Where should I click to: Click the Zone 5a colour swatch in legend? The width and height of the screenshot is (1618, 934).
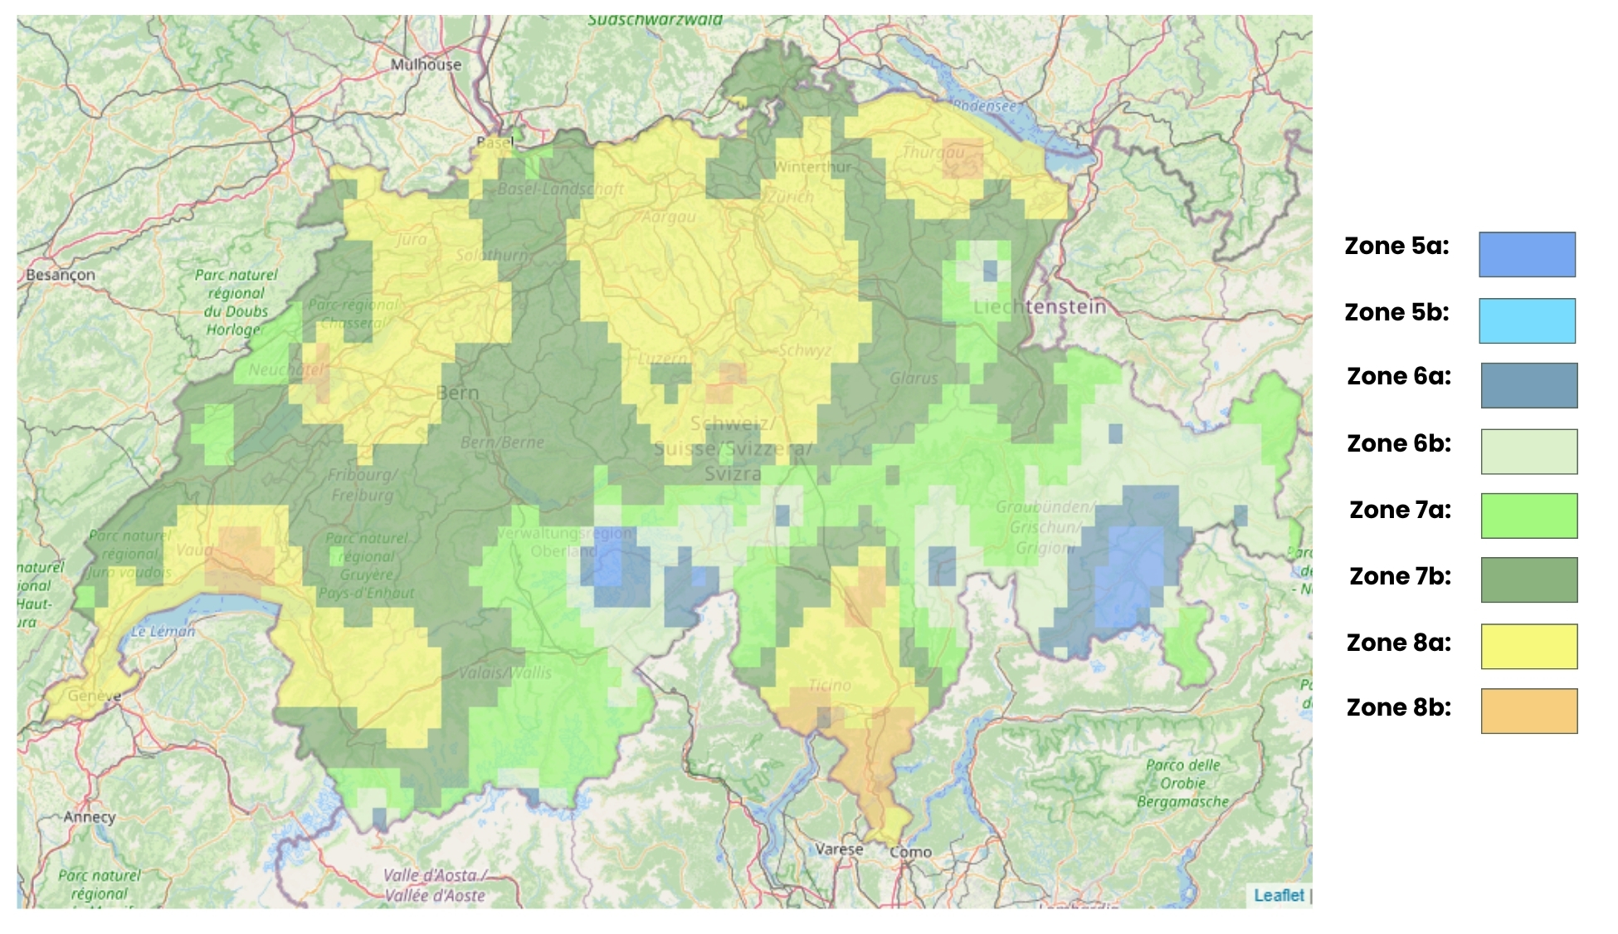tap(1527, 254)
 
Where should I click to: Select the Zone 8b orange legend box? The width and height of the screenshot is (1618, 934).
tap(1528, 711)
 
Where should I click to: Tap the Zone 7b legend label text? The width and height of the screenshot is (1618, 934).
tap(1400, 576)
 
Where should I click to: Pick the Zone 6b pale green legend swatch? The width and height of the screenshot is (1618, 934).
tap(1528, 452)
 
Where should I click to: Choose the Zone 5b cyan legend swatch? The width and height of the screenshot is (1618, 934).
tap(1527, 320)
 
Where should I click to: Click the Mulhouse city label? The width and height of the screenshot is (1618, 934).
tap(426, 64)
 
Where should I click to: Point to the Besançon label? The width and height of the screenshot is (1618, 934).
tap(60, 275)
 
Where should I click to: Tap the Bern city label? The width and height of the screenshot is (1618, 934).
tap(457, 393)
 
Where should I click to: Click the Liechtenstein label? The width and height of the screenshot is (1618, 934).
tap(1040, 306)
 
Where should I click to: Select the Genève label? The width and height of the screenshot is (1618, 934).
tap(94, 695)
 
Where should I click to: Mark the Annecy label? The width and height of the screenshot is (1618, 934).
tap(90, 817)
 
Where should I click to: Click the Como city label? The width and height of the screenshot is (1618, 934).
tap(910, 852)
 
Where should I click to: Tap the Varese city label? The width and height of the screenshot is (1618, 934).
tap(839, 849)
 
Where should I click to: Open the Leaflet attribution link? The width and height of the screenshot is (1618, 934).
tap(1279, 895)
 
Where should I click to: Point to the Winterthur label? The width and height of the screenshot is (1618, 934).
tap(812, 167)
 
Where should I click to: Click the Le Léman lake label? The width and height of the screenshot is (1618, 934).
tap(163, 631)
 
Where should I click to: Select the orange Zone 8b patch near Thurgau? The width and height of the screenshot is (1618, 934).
tap(963, 159)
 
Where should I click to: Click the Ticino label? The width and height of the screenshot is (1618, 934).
tap(830, 685)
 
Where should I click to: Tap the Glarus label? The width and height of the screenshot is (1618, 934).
tap(914, 379)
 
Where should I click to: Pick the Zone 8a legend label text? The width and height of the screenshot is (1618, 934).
tap(1398, 643)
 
